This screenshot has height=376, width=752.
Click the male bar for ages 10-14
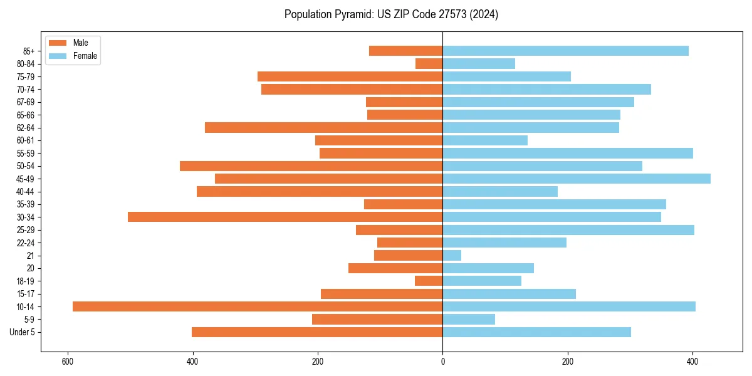coord(258,306)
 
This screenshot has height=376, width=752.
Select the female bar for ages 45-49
coord(577,179)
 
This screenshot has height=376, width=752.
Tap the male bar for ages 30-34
coord(285,217)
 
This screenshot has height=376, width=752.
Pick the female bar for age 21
coord(452,256)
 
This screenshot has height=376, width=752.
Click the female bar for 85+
coord(565,51)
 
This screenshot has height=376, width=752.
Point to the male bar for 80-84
coord(429,64)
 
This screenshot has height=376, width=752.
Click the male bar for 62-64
coord(323,128)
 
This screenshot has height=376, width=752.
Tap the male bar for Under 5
coord(317,332)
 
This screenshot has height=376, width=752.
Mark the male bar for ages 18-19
coord(429,281)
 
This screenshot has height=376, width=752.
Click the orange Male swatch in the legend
coord(58,43)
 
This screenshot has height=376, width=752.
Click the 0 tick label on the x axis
coord(442,362)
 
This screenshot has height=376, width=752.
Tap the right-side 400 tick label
coord(692,362)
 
